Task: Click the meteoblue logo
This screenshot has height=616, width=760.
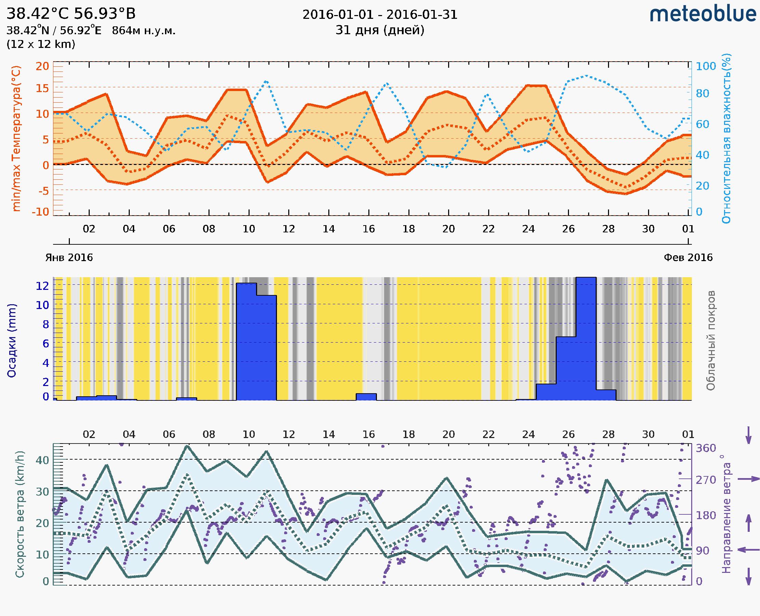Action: click(703, 14)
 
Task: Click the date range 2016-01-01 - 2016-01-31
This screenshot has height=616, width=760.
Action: click(380, 15)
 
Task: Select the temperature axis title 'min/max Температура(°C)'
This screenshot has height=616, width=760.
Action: click(16, 138)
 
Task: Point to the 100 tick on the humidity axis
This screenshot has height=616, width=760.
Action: click(706, 66)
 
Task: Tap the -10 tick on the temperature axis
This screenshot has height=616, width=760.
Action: click(40, 212)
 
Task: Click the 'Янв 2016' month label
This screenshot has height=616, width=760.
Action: click(69, 257)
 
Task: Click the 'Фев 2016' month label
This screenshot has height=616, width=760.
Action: click(688, 257)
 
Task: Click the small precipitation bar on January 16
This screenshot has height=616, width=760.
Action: click(366, 397)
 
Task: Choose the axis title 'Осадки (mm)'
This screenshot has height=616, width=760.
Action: click(12, 341)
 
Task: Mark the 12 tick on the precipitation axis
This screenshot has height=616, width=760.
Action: click(42, 286)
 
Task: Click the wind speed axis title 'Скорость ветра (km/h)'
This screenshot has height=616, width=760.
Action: click(20, 514)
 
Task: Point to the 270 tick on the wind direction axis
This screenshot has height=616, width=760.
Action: click(706, 480)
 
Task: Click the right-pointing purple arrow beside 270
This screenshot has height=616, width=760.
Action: click(748, 479)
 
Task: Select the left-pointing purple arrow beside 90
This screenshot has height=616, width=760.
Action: click(748, 550)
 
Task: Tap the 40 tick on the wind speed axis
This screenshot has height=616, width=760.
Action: click(42, 460)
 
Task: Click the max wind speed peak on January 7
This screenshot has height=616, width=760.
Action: click(187, 446)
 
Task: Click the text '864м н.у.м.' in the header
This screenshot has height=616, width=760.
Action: click(143, 31)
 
